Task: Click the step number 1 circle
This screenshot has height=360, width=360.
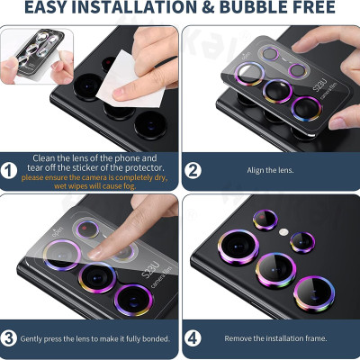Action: [9, 169]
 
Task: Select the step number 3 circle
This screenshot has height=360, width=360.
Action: [9, 338]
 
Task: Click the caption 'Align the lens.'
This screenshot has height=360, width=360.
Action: [274, 168]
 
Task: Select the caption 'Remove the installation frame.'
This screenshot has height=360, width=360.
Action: [274, 338]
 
